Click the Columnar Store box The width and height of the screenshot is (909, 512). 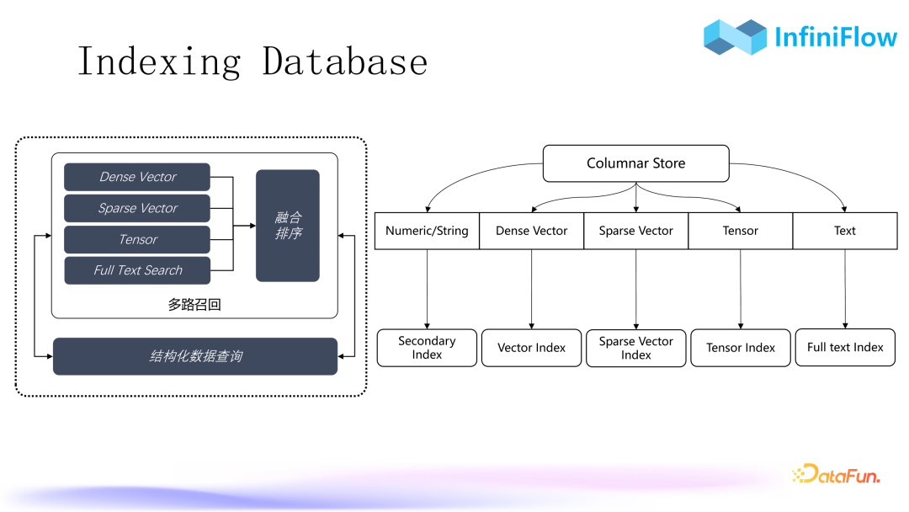pos(635,163)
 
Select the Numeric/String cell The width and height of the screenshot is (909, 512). pos(427,231)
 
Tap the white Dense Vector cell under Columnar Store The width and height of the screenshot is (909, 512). pos(531,231)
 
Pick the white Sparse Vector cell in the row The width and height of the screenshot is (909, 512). pos(635,231)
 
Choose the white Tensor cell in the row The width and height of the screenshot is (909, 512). pos(740,231)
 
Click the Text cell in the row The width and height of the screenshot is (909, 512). pos(845,231)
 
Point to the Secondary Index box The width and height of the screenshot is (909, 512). pos(427,348)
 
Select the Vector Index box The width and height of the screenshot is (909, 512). pos(531,348)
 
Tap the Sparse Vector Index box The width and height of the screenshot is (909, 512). pos(635,348)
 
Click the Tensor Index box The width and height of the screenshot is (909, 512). pos(741,348)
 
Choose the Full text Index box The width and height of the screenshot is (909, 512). pos(845,348)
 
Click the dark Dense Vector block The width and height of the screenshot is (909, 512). pos(137,177)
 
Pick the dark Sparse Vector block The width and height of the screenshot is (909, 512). pos(137,208)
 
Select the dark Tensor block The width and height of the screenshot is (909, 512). pos(137,239)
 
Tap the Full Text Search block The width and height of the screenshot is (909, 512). pos(137,270)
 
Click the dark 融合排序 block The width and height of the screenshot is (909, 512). pos(288,226)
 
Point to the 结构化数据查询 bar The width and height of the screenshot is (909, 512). pos(195,356)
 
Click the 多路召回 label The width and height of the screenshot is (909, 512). pos(194,305)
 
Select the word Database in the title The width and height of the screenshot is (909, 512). pos(344,61)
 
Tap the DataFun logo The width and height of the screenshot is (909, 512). pos(836,475)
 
